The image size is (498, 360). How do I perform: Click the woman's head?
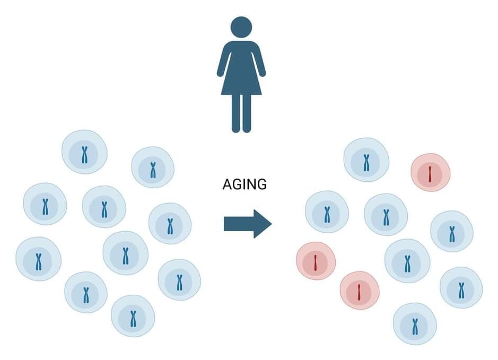point(241,27)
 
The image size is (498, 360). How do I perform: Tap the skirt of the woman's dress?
point(241,83)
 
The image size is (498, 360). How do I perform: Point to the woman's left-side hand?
point(220,74)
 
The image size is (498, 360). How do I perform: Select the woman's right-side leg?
point(247,113)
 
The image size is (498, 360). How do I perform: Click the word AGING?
point(244,185)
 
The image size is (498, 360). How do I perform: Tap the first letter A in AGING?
point(227,185)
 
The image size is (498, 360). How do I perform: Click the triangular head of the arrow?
point(263,224)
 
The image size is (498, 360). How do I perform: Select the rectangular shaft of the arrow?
point(239,224)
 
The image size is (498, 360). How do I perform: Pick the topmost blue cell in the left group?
point(84,152)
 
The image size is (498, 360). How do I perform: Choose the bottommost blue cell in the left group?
point(133,316)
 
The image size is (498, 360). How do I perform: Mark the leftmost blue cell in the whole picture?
point(38,259)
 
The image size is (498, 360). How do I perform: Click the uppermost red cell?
point(431,172)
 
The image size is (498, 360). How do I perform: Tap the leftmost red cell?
point(316,261)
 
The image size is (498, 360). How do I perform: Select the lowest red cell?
point(360,290)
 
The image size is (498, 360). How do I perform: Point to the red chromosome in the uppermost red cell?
point(430,174)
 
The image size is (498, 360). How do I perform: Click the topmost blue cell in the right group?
point(366,160)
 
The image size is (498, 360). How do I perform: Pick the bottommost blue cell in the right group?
point(415,324)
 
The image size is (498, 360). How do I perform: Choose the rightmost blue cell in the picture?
point(461,287)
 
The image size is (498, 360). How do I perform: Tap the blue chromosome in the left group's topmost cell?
point(84,155)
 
